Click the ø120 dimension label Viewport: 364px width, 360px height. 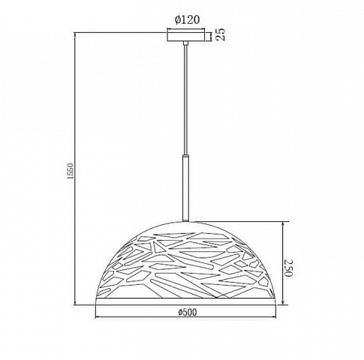coord(188,19)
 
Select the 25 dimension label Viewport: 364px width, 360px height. coord(221,34)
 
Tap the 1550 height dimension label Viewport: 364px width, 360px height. coord(71,171)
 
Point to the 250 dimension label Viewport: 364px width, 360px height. coord(288,268)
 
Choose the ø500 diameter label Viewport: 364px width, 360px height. coord(188,312)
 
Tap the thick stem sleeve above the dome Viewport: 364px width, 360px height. coord(185,188)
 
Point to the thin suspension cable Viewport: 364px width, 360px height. coord(185,100)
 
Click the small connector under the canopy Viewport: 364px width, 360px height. coord(185,43)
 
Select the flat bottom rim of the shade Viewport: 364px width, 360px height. coord(186,301)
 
